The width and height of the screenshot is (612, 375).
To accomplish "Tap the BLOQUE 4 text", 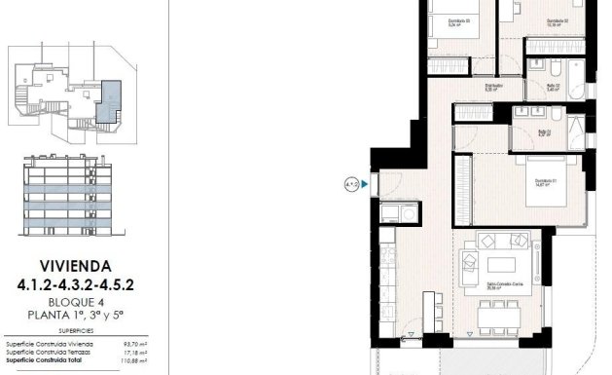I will click(77, 301).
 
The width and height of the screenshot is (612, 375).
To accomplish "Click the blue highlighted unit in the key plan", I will click(113, 97).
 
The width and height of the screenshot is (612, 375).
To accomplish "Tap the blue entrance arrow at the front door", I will click(364, 182).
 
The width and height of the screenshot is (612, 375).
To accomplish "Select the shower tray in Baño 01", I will click(575, 131).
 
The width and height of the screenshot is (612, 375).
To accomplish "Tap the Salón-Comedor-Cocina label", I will click(502, 284).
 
